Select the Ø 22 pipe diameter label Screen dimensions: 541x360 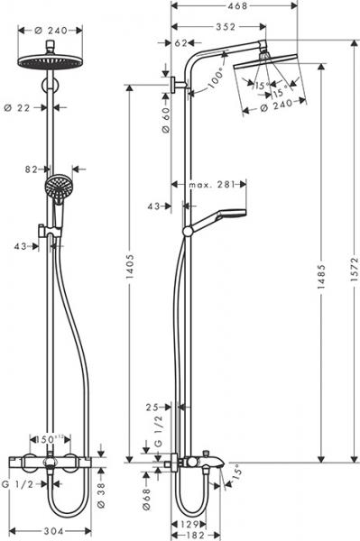(26, 106)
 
